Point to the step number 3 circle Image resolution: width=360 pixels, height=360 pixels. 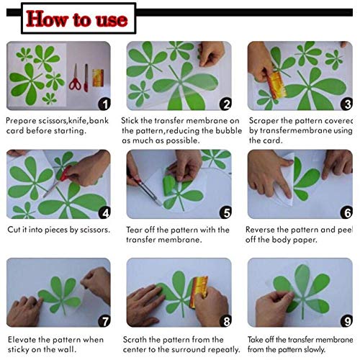(346, 104)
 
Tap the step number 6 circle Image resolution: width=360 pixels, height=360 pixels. (346, 212)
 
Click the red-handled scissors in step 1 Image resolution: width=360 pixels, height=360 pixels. (74, 78)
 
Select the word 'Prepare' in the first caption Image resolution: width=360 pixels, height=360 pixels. (20, 120)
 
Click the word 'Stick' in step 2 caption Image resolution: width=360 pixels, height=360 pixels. (134, 120)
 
